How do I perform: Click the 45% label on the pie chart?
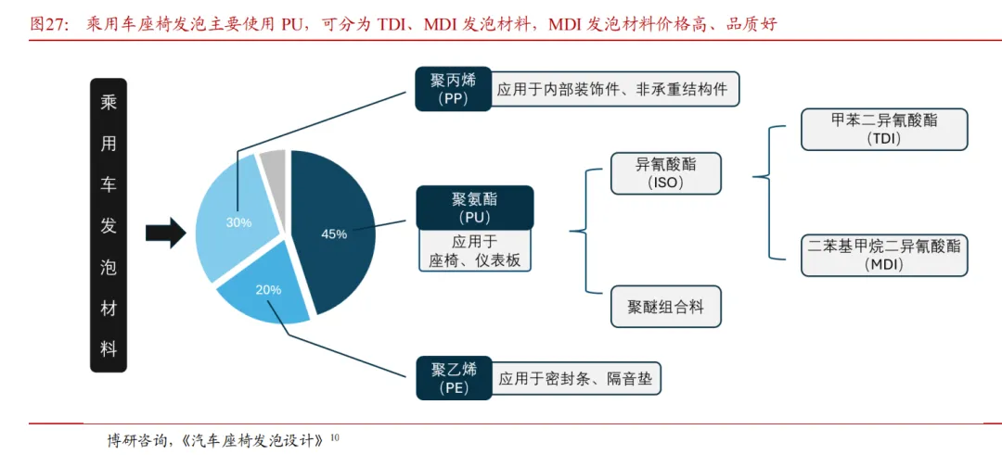(x=334, y=234)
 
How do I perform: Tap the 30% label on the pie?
(x=238, y=222)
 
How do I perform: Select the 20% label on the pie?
(x=268, y=289)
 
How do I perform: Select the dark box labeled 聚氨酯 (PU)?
(x=474, y=208)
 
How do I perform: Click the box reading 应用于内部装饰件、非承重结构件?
(x=612, y=90)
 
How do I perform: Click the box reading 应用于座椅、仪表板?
(x=474, y=251)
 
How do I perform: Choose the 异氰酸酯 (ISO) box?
(x=666, y=173)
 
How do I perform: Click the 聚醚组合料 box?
(x=666, y=307)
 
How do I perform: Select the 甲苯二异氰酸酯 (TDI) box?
(x=884, y=130)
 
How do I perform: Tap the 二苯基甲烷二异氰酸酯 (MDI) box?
(x=884, y=255)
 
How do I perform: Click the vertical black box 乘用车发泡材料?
(x=109, y=225)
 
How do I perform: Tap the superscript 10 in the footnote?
(x=336, y=434)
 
